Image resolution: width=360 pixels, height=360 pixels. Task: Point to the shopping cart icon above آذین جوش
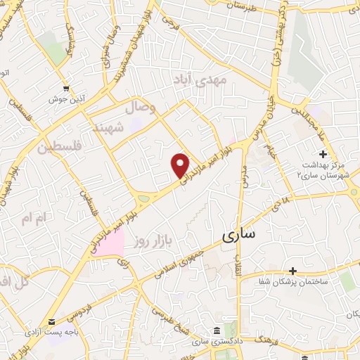(x=66, y=89)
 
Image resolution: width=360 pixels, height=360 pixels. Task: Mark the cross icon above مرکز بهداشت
(x=323, y=154)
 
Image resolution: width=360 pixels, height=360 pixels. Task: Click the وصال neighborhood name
(x=140, y=108)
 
